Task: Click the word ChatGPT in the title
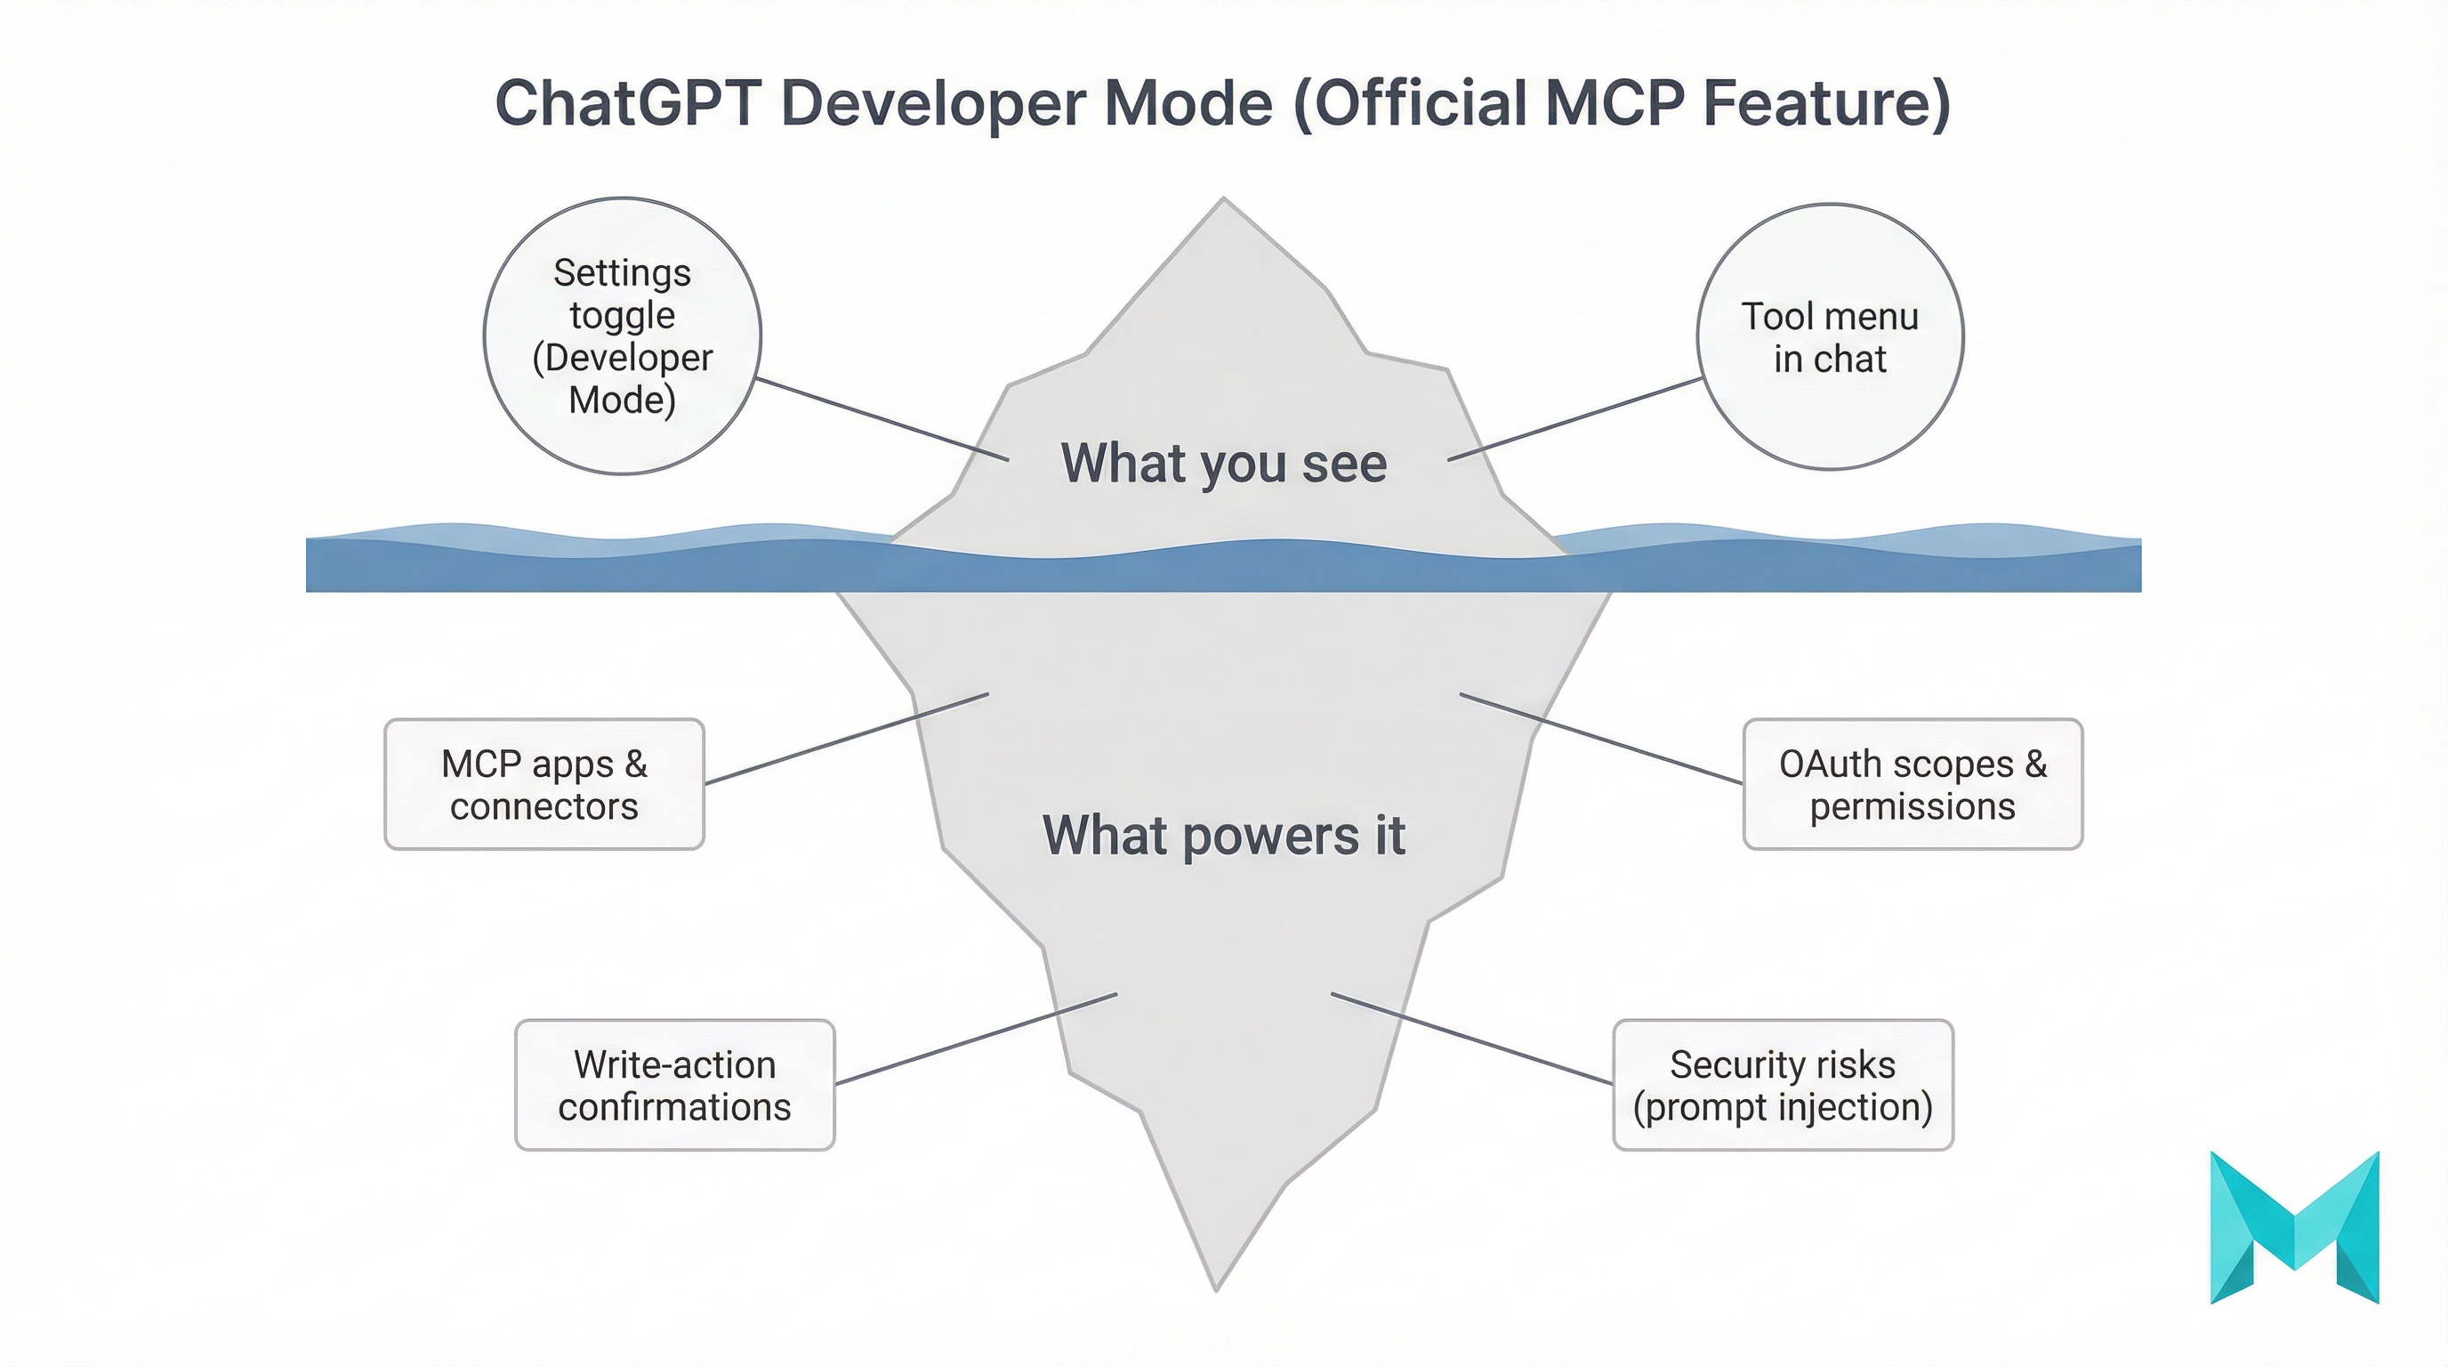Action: coord(627,102)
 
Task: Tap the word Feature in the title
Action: coord(1824,102)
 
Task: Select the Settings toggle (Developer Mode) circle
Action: coord(623,336)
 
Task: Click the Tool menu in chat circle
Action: coord(1830,336)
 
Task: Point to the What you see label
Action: coord(1223,463)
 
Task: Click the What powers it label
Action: coord(1223,836)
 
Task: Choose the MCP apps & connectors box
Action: coord(544,784)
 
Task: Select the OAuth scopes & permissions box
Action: coord(1912,784)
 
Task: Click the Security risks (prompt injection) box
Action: coord(1783,1085)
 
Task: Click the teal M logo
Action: coord(2294,1226)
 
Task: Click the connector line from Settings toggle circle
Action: coord(882,419)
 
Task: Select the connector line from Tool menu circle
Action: coord(1574,419)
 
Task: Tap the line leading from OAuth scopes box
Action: coord(1600,739)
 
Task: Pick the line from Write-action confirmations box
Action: coord(976,1039)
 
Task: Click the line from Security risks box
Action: coord(1471,1038)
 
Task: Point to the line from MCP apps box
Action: coord(847,739)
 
